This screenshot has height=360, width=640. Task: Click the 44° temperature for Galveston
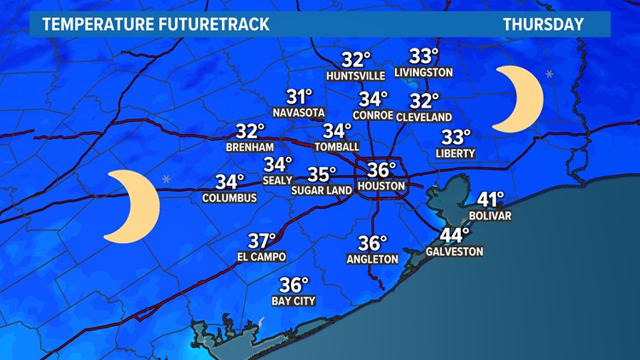[x=455, y=235]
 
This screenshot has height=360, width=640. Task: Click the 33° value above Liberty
[x=456, y=137]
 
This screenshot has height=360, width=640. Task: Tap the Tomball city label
[x=336, y=147]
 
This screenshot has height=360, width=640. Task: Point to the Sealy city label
[x=277, y=180]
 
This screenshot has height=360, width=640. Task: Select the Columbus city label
[x=230, y=198]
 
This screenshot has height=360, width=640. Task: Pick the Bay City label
[x=293, y=301]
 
